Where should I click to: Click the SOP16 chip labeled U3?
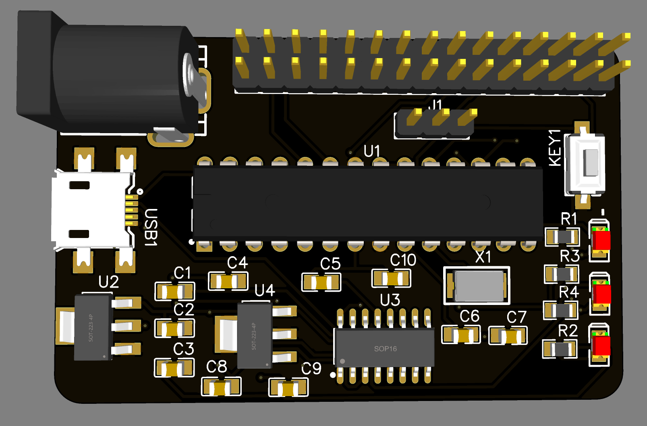(x=385, y=348)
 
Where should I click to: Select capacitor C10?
(x=391, y=278)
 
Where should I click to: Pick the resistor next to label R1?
(x=562, y=237)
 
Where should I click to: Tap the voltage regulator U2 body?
(x=93, y=327)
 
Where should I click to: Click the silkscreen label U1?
(x=372, y=151)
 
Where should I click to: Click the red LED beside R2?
(x=600, y=346)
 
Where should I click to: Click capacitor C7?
(x=508, y=336)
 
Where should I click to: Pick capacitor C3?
(x=174, y=368)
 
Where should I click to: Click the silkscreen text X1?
(x=483, y=257)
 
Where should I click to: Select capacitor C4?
(x=228, y=281)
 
